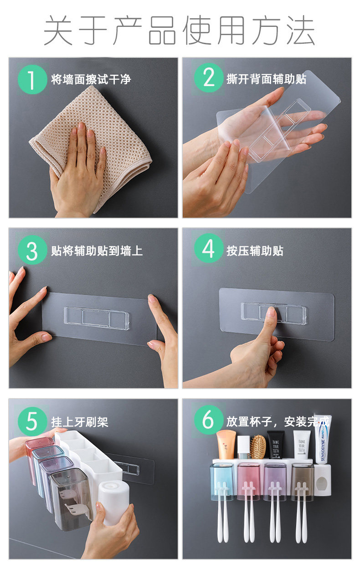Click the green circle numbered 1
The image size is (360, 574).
click(x=32, y=79)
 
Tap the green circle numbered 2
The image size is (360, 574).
click(x=209, y=77)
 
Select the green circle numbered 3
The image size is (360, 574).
click(x=32, y=250)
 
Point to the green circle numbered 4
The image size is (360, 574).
click(x=209, y=248)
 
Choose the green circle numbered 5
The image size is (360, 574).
click(x=32, y=421)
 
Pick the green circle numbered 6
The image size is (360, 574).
click(x=209, y=420)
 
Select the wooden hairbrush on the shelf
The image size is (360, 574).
click(x=258, y=446)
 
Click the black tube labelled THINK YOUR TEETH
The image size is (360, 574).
click(x=276, y=444)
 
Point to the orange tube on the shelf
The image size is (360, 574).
click(x=226, y=444)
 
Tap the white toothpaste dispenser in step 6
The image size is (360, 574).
click(x=323, y=480)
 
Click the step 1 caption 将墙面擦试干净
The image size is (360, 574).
click(x=91, y=79)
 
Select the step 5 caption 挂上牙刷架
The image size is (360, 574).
click(x=79, y=422)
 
